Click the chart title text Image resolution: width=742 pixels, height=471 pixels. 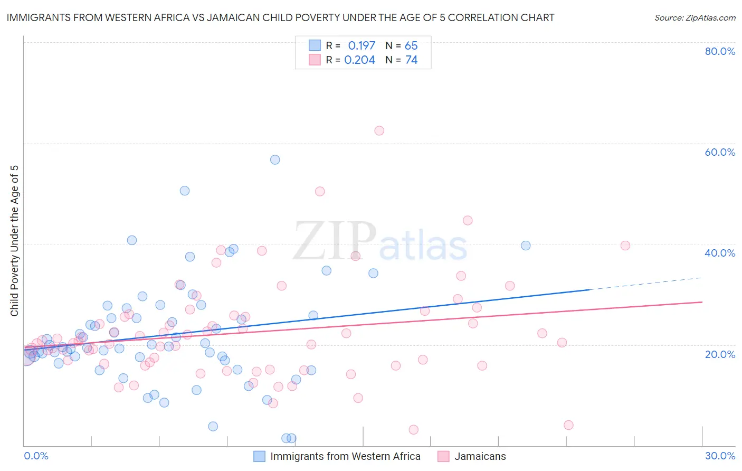point(280,18)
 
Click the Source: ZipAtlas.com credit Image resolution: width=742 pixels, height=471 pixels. point(695,18)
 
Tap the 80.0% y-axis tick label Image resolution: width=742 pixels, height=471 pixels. point(720,51)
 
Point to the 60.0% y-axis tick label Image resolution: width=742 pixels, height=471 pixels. point(720,152)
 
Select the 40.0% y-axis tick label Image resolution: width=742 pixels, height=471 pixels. point(720,253)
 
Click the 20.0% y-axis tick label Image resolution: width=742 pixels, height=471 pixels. point(720,354)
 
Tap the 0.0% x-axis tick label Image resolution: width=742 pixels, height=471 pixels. point(36,456)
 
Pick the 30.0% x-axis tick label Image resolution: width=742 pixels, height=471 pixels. point(720,456)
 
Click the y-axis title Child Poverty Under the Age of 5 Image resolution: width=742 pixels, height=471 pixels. point(15,241)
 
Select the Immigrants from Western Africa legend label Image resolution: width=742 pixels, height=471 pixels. point(345,456)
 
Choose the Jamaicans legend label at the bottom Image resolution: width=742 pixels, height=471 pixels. point(480,456)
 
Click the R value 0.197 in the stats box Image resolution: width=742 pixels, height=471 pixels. point(362,46)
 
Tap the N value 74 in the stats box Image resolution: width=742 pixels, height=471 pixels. point(411,60)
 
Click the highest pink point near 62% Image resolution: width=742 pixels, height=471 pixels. point(379,130)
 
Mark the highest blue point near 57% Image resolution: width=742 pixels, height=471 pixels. point(275,159)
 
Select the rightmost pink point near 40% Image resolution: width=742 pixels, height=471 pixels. point(625,245)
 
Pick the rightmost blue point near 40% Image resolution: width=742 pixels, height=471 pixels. point(526,246)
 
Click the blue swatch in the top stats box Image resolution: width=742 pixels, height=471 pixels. point(315,45)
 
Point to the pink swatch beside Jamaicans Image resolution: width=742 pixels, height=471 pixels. point(443,456)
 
